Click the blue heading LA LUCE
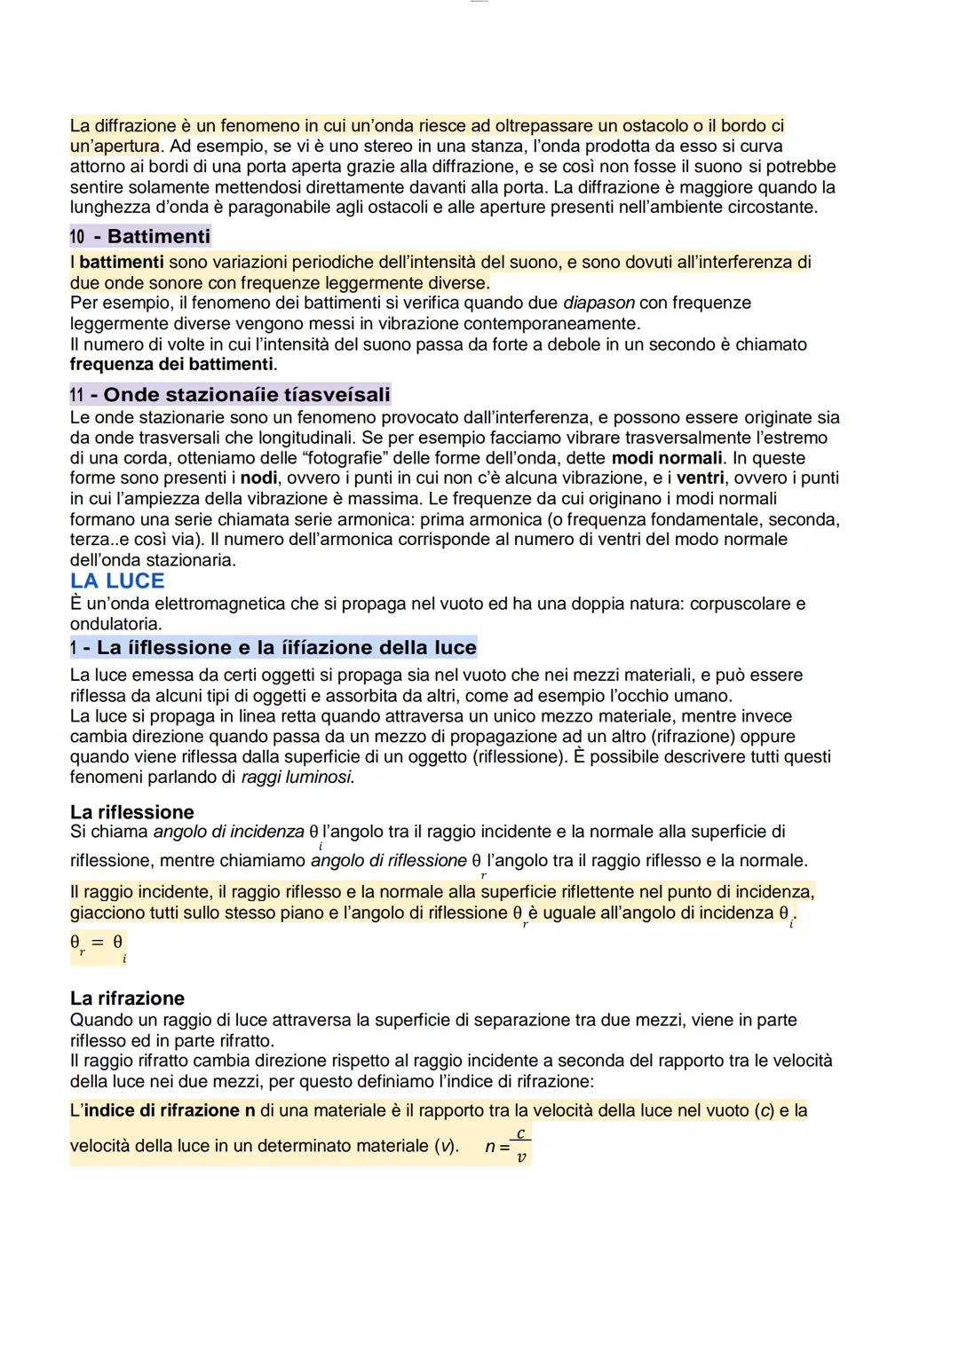point(117,581)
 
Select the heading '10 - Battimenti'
point(140,236)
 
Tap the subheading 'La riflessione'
point(131,812)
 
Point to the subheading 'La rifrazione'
point(127,999)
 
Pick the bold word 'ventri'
point(701,478)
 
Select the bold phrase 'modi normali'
point(667,458)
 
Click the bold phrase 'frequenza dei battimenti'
point(172,365)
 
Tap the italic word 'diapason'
point(598,304)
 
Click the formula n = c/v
point(508,1146)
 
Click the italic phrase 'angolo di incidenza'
point(228,833)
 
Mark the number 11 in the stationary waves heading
point(77,395)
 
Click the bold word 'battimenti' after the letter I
point(121,263)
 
